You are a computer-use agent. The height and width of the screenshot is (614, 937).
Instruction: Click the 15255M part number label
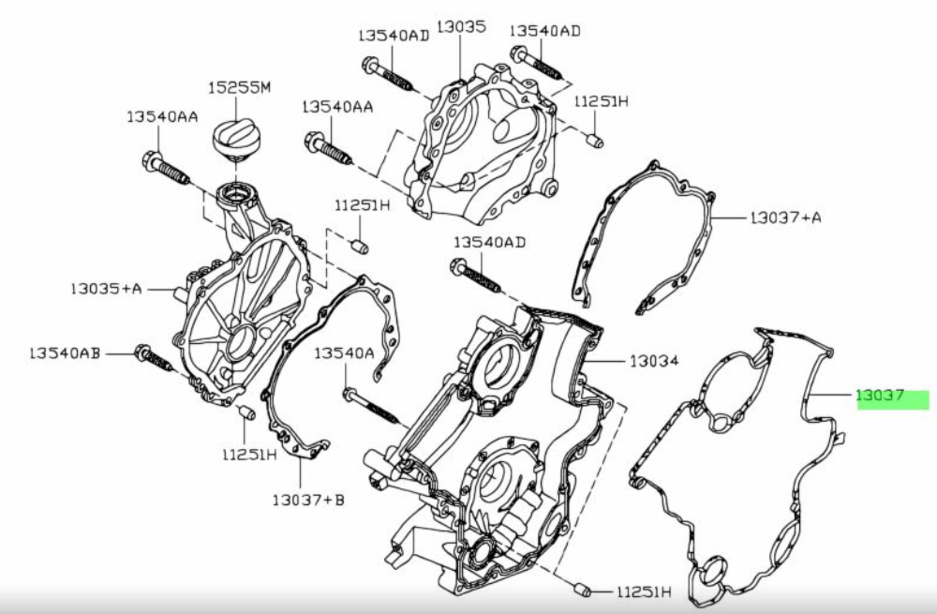[x=239, y=87]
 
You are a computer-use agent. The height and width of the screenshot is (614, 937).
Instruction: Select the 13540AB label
[x=65, y=353]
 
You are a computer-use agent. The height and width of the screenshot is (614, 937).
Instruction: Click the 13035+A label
[x=107, y=289]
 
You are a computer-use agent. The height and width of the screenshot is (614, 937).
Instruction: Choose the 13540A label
[x=344, y=353]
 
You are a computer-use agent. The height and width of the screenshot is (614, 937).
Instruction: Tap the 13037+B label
[x=308, y=500]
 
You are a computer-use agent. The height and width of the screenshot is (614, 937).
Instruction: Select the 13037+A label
[x=785, y=217]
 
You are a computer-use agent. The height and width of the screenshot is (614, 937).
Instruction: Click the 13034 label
[x=654, y=361]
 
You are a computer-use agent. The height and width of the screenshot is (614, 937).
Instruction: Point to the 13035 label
[x=461, y=27]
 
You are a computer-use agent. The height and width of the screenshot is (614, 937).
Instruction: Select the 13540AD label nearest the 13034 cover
[x=489, y=242]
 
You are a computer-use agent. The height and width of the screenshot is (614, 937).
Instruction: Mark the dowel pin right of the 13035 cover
[x=595, y=142]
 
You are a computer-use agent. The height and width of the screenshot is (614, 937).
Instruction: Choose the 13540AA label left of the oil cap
[x=162, y=116]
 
